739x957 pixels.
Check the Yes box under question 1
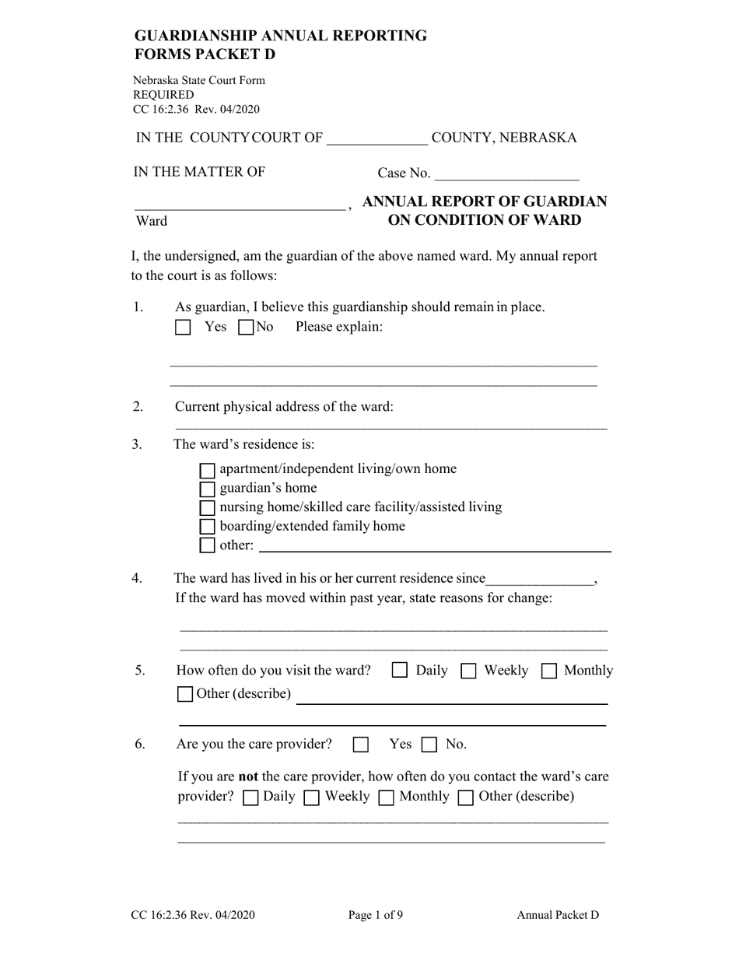point(183,328)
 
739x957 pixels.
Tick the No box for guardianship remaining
point(246,328)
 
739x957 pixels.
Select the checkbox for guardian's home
point(207,489)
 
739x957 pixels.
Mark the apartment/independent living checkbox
point(207,470)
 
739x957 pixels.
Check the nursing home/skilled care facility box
point(207,508)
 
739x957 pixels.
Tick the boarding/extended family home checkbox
point(207,527)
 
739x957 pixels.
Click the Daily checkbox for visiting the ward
point(400,671)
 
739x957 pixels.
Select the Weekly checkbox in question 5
point(468,671)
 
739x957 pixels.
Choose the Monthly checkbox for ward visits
point(548,671)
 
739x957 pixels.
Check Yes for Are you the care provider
point(360,745)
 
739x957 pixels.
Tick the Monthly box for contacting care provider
point(386,797)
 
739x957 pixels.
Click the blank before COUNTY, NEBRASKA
point(377,139)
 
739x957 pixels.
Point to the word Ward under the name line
point(152,221)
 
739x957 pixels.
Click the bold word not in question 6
point(247,776)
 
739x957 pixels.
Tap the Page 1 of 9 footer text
point(376,915)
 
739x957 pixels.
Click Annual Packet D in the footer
point(558,915)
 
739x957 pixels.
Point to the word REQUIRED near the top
point(163,95)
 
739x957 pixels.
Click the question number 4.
point(138,578)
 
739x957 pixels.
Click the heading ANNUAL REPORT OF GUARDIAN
point(485,202)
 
